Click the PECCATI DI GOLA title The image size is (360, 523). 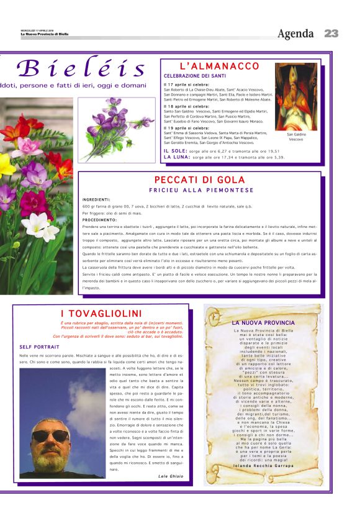(201, 180)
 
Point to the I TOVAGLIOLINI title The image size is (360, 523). (101, 314)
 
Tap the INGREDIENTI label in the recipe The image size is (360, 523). (96, 199)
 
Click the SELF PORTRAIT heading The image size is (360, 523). (35, 346)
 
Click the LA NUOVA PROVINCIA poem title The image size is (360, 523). (263, 323)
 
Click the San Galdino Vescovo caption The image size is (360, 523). (296, 137)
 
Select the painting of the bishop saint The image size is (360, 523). (296, 96)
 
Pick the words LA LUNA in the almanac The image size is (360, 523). (176, 157)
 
